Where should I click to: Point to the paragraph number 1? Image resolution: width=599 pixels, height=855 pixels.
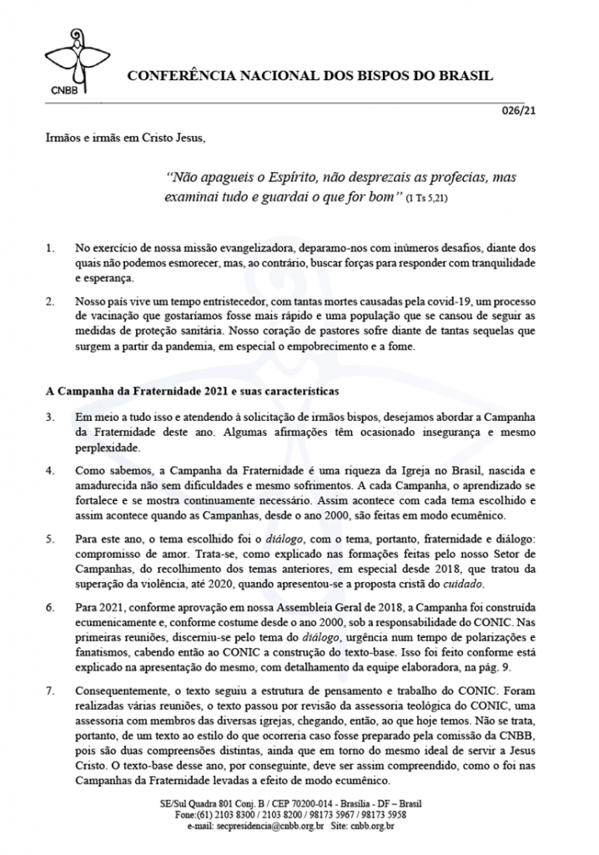point(49,250)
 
